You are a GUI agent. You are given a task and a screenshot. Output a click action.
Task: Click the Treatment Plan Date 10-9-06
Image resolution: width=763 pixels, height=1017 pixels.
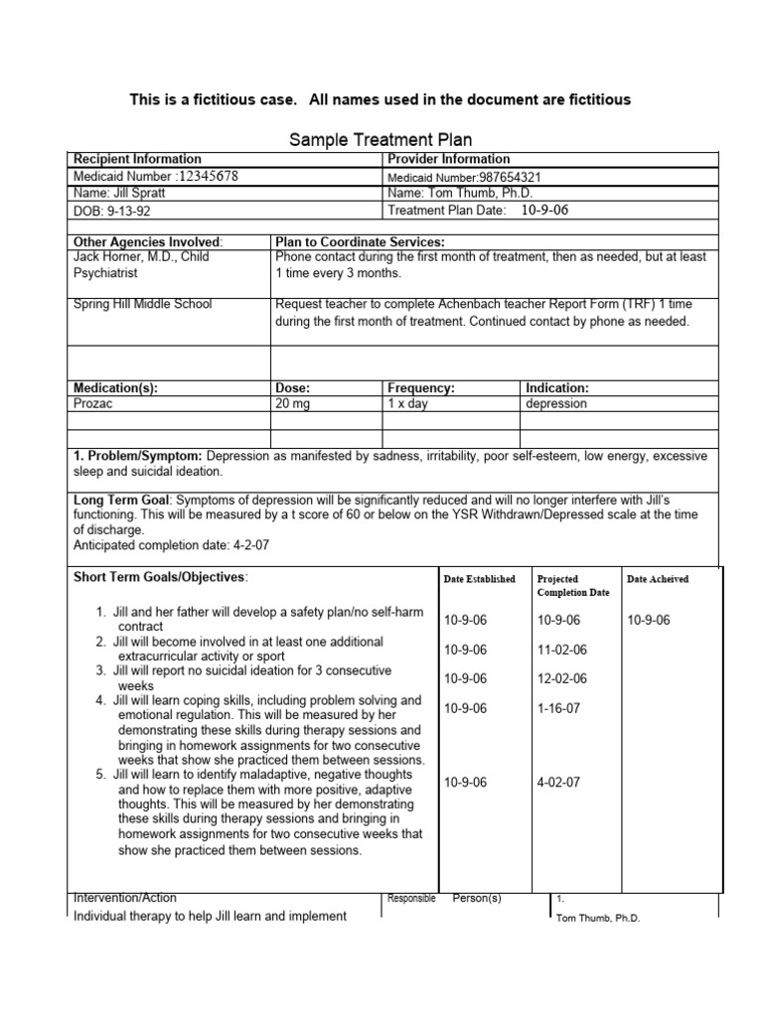pyautogui.click(x=545, y=211)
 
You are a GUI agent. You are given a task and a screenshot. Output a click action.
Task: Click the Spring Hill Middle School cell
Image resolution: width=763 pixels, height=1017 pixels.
pyautogui.click(x=143, y=304)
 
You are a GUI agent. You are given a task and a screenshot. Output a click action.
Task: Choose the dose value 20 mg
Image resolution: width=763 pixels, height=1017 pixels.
pyautogui.click(x=294, y=404)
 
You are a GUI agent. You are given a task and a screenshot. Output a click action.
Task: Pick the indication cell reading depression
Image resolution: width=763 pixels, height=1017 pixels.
pyautogui.click(x=556, y=404)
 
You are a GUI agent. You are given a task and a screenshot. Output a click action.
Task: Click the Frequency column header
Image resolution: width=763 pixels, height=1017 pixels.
pyautogui.click(x=421, y=387)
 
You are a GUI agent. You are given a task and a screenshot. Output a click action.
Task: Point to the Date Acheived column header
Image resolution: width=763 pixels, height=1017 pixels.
pyautogui.click(x=658, y=579)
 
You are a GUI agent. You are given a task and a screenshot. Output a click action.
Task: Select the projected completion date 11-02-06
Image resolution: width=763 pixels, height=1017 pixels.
pyautogui.click(x=561, y=650)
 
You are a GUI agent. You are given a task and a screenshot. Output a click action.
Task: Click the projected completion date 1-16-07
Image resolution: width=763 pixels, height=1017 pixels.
pyautogui.click(x=558, y=708)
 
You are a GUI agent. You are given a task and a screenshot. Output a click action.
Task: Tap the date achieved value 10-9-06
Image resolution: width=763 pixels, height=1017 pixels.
pyautogui.click(x=649, y=620)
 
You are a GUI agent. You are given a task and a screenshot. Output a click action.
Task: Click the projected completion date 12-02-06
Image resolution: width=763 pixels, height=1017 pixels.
pyautogui.click(x=561, y=678)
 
